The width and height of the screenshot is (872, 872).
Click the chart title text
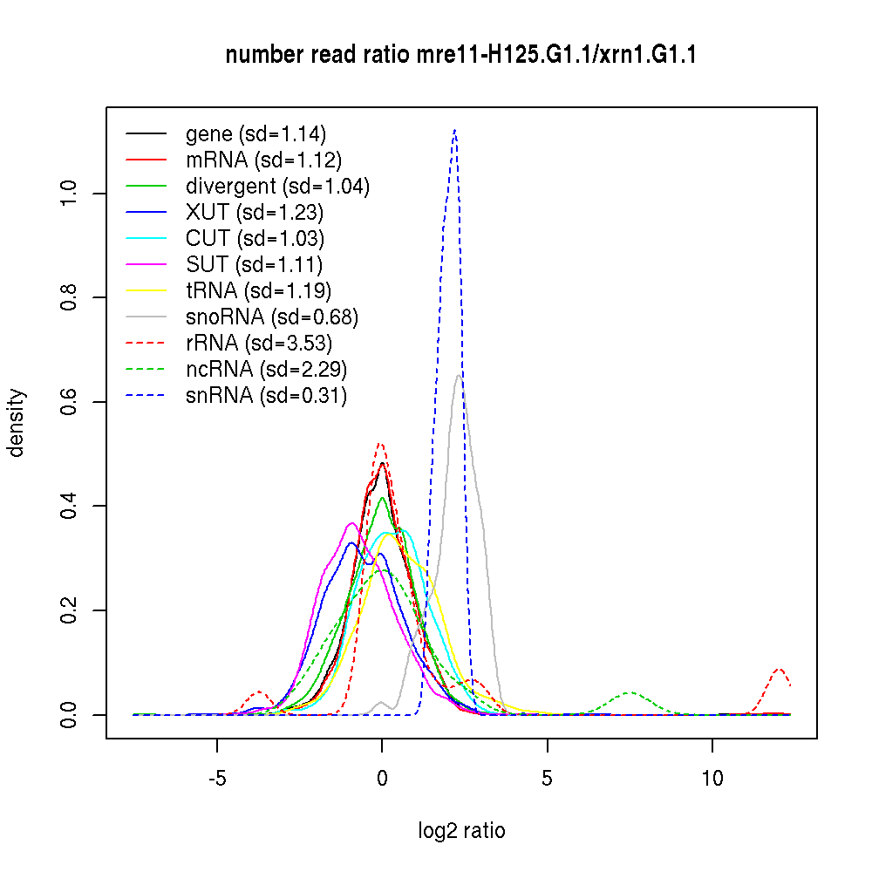pyautogui.click(x=460, y=55)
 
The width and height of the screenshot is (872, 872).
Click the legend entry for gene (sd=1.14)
pyautogui.click(x=255, y=134)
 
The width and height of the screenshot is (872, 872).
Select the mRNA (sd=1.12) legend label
pyautogui.click(x=263, y=160)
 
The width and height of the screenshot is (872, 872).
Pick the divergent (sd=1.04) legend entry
pyautogui.click(x=277, y=187)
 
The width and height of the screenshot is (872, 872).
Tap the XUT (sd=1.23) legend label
pyautogui.click(x=255, y=213)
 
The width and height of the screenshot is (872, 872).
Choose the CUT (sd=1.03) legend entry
pyautogui.click(x=255, y=239)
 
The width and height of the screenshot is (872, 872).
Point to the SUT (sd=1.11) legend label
pyautogui.click(x=254, y=265)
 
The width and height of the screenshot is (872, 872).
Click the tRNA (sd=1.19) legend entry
pyautogui.click(x=258, y=291)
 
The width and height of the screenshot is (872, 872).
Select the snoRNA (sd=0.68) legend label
pyautogui.click(x=272, y=317)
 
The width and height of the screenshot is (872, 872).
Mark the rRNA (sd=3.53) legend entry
pyautogui.click(x=259, y=344)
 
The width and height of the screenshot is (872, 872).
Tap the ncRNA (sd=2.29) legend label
pyautogui.click(x=266, y=370)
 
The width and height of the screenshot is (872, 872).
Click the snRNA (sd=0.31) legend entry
pyautogui.click(x=266, y=396)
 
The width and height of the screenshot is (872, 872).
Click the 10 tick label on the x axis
pyautogui.click(x=712, y=778)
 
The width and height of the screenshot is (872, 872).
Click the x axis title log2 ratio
pyautogui.click(x=461, y=831)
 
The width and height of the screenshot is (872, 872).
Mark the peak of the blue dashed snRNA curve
pyautogui.click(x=454, y=131)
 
